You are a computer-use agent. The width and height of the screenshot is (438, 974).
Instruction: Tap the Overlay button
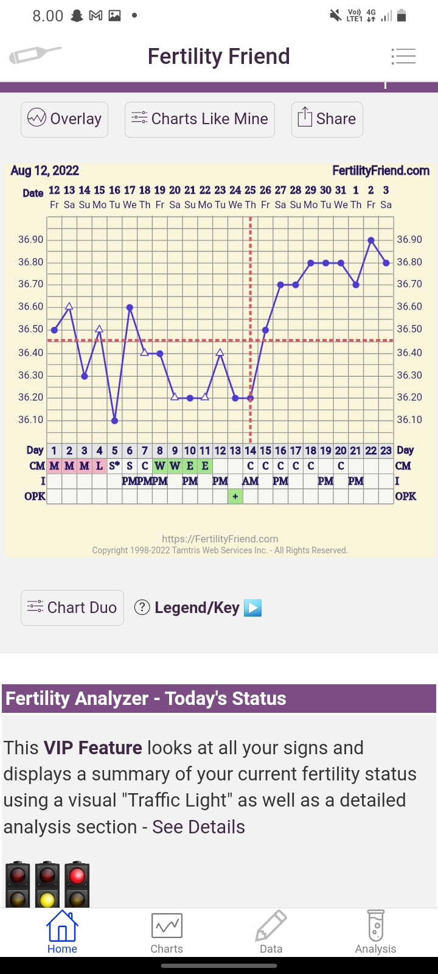click(64, 119)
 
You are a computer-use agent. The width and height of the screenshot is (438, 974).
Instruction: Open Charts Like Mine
click(200, 119)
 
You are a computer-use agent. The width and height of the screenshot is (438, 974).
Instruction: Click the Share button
click(327, 119)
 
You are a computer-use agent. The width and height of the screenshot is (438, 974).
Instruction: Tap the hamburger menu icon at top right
click(403, 57)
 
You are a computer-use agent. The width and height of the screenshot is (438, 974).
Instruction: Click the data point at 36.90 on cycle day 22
click(371, 240)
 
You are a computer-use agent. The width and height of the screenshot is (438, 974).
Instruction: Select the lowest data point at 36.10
click(114, 421)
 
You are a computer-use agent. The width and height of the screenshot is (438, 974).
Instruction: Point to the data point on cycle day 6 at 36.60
click(130, 307)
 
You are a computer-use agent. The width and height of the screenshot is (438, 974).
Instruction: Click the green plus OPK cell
click(235, 497)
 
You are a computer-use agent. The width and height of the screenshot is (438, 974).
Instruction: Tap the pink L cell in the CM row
click(99, 466)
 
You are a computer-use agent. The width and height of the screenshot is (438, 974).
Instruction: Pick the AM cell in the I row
click(250, 482)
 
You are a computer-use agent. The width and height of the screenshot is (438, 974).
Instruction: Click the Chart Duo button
click(72, 608)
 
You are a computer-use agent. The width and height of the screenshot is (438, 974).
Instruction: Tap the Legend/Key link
click(197, 608)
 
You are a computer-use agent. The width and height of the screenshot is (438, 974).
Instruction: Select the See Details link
click(198, 827)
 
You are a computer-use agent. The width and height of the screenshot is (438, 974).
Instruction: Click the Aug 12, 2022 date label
click(45, 171)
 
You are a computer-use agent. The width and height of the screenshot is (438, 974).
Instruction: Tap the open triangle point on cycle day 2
click(69, 306)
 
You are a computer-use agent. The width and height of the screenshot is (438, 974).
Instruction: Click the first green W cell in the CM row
click(160, 466)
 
